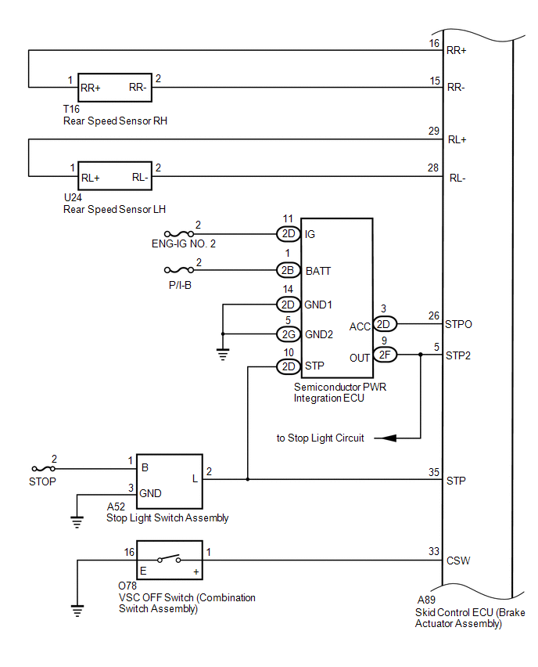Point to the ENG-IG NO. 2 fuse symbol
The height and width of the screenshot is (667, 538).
pyautogui.click(x=179, y=233)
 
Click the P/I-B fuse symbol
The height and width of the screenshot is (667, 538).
pyautogui.click(x=179, y=269)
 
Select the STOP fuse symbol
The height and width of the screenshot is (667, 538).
pyautogui.click(x=43, y=469)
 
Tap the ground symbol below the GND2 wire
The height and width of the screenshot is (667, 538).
pyautogui.click(x=223, y=354)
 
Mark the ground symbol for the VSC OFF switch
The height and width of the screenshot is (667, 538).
pyautogui.click(x=77, y=611)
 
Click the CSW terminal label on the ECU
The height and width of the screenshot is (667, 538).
pyautogui.click(x=458, y=561)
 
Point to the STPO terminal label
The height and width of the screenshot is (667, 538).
pyautogui.click(x=458, y=324)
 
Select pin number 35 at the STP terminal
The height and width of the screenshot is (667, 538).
pyautogui.click(x=434, y=472)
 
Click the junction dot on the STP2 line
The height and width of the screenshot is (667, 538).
pyautogui.click(x=421, y=355)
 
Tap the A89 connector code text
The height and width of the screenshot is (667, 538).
pyautogui.click(x=426, y=600)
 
